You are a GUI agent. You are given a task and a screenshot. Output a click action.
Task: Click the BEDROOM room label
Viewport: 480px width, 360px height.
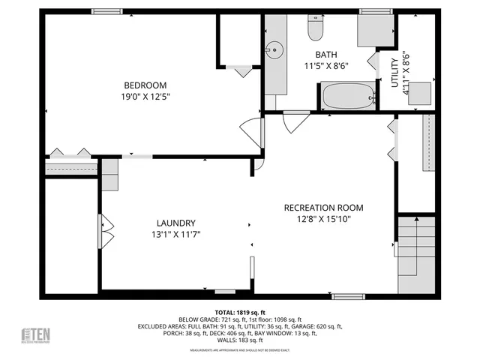[145, 85]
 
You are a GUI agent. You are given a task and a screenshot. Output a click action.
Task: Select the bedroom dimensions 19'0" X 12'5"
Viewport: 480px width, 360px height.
[145, 97]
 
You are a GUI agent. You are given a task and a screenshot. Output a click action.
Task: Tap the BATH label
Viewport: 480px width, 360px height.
[325, 55]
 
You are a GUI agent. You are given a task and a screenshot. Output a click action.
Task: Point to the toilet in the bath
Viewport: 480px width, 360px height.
[315, 29]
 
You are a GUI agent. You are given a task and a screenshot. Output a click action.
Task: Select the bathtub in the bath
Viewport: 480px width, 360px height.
[346, 96]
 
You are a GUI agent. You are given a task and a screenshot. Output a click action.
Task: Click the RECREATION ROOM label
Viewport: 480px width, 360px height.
[323, 208]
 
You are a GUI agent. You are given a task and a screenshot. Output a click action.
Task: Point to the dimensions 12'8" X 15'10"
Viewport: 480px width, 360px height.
[323, 219]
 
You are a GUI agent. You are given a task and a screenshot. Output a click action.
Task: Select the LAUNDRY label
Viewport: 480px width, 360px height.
[176, 223]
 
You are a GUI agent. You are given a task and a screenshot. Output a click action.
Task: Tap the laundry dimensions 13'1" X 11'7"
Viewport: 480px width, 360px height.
[176, 234]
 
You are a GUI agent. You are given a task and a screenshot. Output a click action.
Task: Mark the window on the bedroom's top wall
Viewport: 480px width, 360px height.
[107, 11]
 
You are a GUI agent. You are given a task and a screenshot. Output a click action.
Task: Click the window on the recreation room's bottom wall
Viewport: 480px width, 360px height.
[349, 296]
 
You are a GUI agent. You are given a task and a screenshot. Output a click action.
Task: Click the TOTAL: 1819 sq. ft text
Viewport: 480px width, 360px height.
[241, 312]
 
